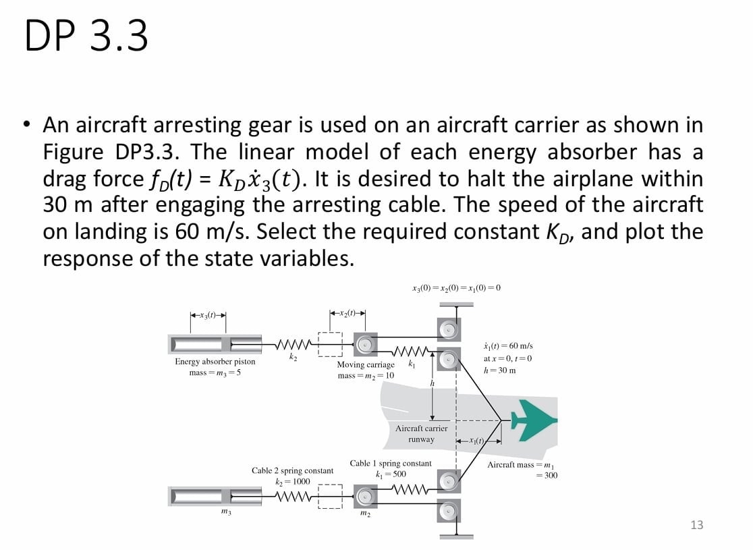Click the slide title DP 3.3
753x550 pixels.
click(x=86, y=36)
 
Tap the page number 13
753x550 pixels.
click(x=697, y=524)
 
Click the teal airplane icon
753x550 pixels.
click(x=534, y=420)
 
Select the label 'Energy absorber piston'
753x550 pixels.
click(x=215, y=362)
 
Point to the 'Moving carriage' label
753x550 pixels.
click(x=366, y=364)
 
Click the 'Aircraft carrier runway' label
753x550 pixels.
click(x=421, y=434)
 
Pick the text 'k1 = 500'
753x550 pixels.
click(x=391, y=474)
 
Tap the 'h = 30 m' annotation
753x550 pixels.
click(x=500, y=370)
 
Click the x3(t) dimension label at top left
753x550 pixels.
click(x=207, y=315)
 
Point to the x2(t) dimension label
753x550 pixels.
click(x=347, y=312)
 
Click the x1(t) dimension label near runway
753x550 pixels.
click(x=479, y=441)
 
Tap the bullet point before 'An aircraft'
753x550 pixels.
click(x=26, y=125)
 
